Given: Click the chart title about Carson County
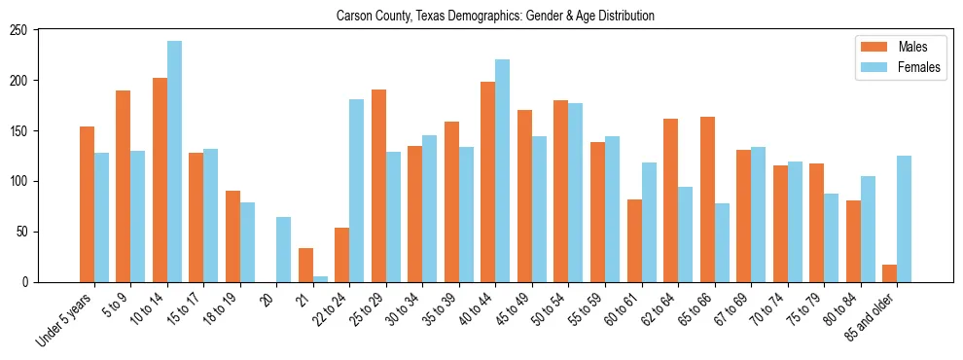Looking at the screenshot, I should (495, 17).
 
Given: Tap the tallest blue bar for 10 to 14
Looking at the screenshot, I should (174, 162).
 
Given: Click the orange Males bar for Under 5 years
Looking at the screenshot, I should (87, 204).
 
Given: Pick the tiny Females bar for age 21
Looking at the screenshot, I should (320, 279).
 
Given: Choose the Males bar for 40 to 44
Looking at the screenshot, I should (488, 182).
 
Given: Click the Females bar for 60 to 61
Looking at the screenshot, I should (649, 223).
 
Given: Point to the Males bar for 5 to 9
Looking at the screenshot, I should (124, 186).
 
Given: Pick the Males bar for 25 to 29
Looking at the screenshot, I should (378, 186).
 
